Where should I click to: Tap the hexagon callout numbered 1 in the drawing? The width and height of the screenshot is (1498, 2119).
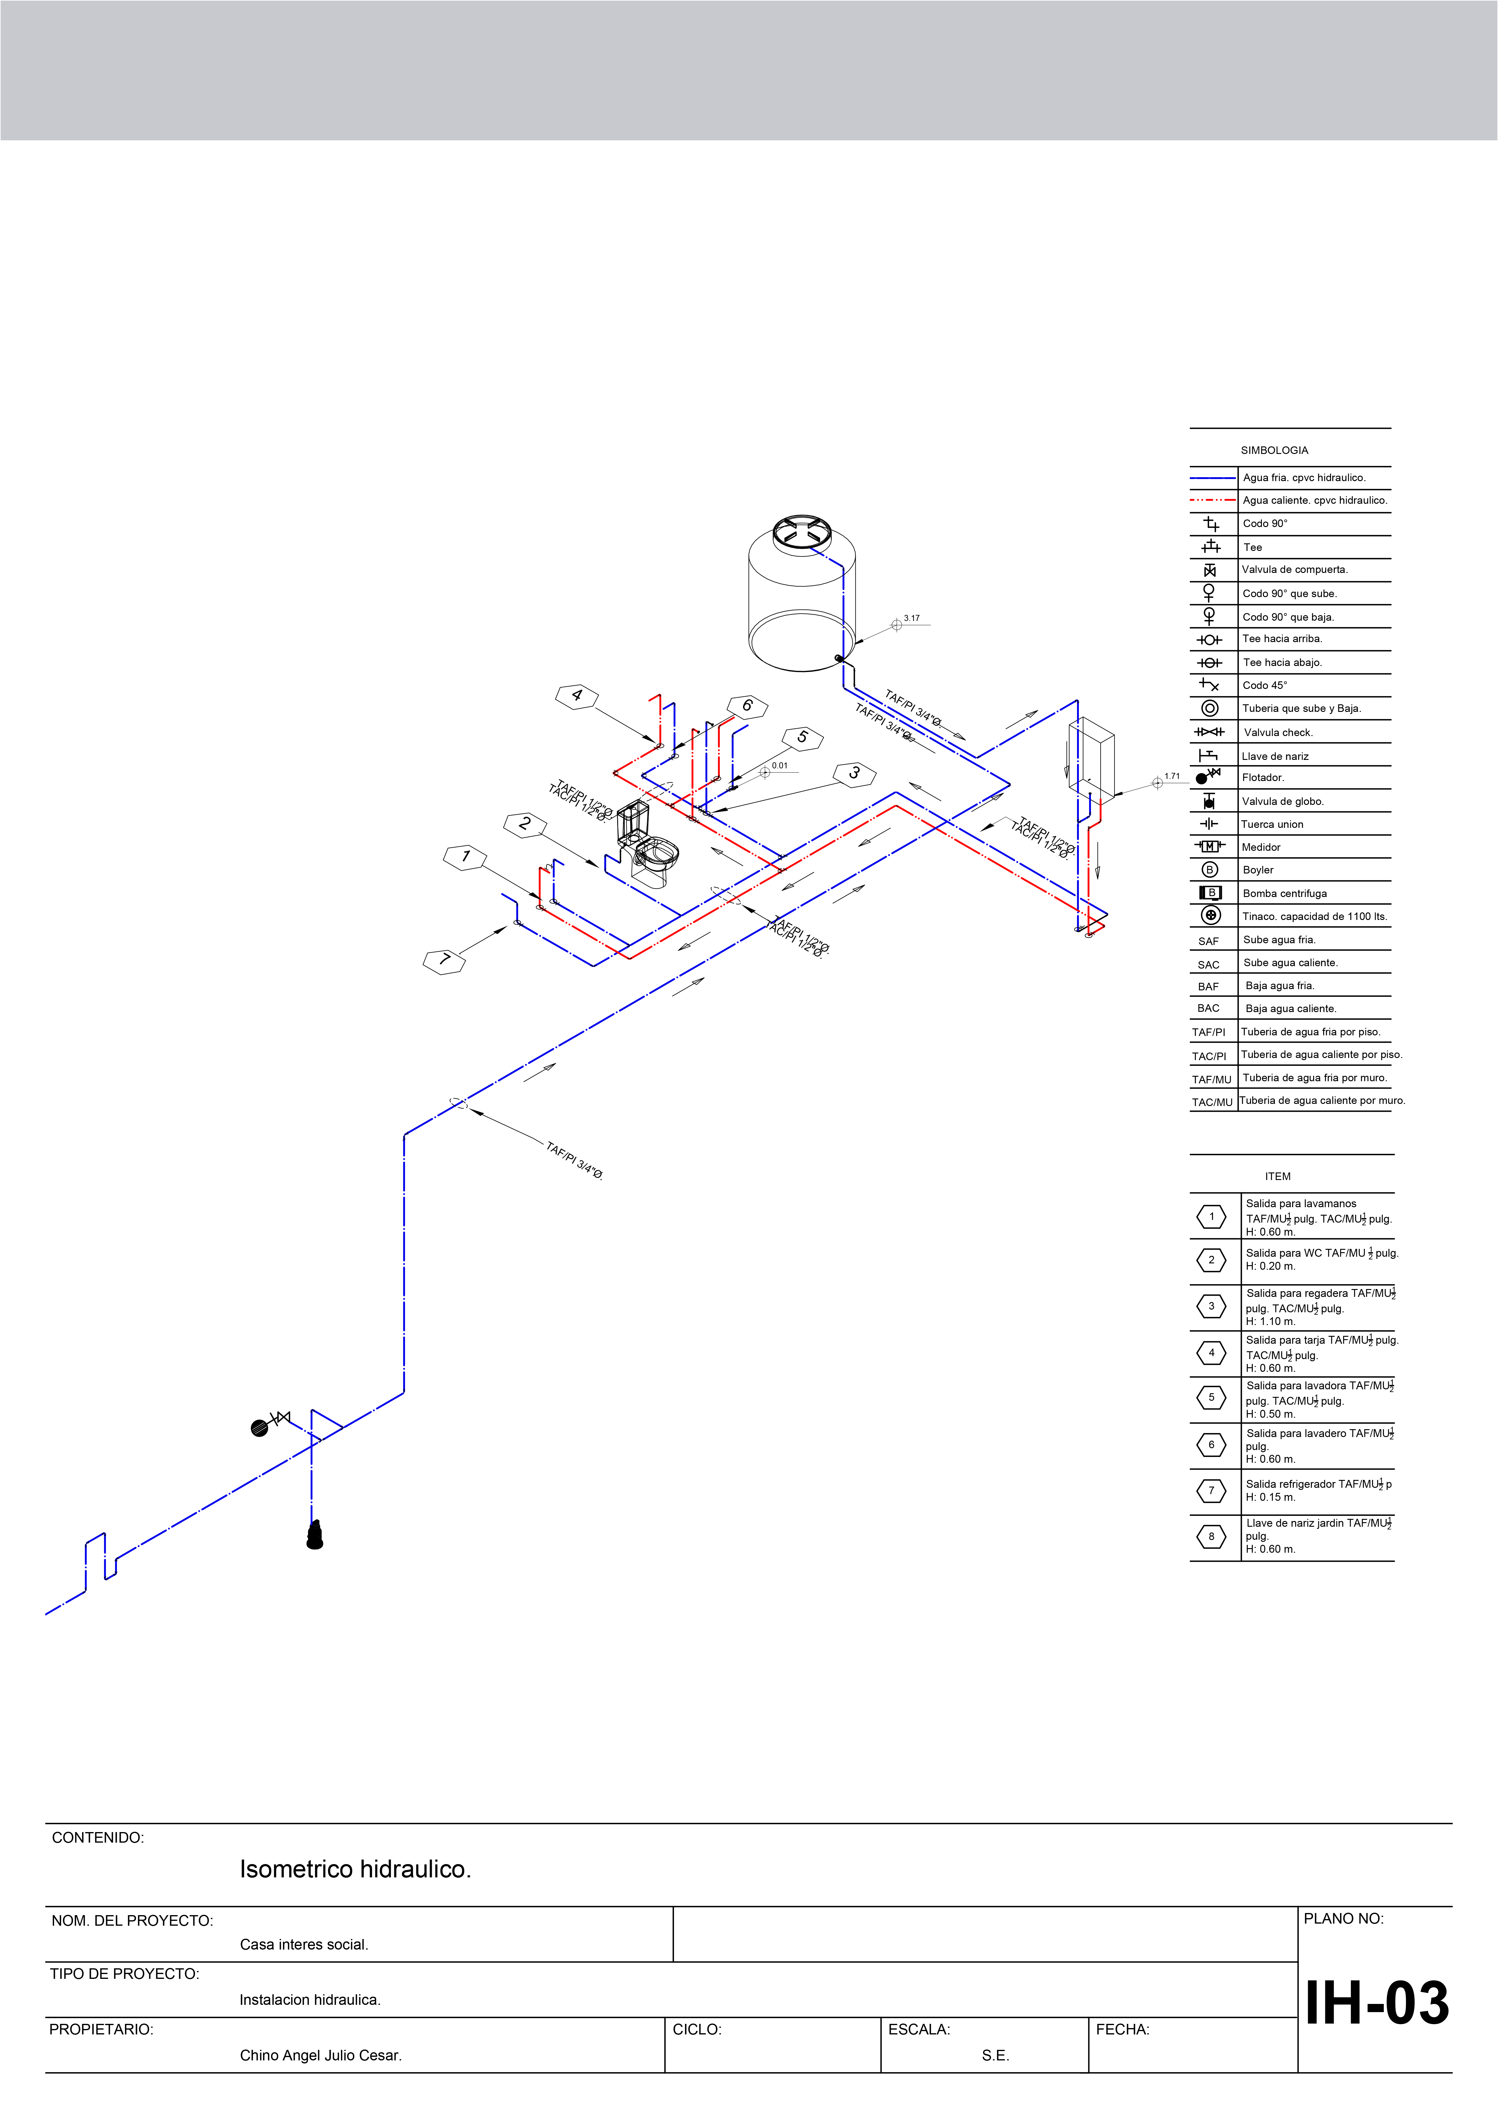click(465, 857)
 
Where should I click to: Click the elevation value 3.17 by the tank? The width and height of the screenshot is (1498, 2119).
click(912, 618)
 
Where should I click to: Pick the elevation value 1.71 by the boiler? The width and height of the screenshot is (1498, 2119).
click(1172, 776)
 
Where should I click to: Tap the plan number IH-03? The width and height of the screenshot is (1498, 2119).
click(1376, 2004)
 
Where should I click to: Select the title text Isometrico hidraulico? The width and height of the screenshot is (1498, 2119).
click(355, 1869)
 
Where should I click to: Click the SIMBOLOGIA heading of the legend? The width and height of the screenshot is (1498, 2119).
click(1274, 450)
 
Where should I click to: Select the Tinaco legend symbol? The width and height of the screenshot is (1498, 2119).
click(1211, 915)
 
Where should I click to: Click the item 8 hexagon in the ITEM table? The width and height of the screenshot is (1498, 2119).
click(1211, 1537)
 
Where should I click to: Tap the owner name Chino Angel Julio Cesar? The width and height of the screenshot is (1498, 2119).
click(320, 2055)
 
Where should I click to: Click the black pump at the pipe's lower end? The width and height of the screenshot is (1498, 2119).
click(315, 1536)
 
